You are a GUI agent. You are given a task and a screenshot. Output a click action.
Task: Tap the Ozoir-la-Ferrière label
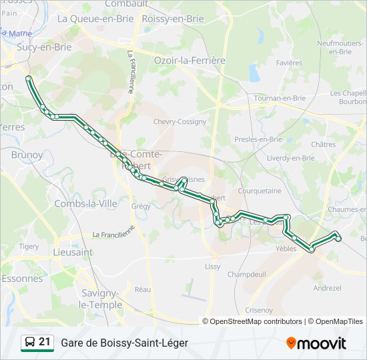pyautogui.click(x=190, y=60)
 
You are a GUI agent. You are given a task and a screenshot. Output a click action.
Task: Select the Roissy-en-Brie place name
pyautogui.click(x=173, y=19)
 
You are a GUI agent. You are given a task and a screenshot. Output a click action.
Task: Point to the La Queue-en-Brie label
pyautogui.click(x=95, y=19)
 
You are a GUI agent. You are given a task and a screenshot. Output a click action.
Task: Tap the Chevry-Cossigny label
pyautogui.click(x=179, y=122)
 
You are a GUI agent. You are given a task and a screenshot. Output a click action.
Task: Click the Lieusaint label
pyautogui.click(x=73, y=253)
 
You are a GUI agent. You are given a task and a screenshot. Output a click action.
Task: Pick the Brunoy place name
pyautogui.click(x=27, y=155)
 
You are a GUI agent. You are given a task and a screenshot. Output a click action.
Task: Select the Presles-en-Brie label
pyautogui.click(x=258, y=139)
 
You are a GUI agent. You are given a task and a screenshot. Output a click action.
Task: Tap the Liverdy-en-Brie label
pyautogui.click(x=290, y=158)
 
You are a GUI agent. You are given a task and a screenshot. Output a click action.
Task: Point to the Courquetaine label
pyautogui.click(x=260, y=191)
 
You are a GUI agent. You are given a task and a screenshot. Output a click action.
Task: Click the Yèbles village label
pyautogui.click(x=286, y=249)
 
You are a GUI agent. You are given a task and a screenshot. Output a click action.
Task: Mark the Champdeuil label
pyautogui.click(x=246, y=274)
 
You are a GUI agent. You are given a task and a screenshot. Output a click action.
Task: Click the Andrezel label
pyautogui.click(x=327, y=288)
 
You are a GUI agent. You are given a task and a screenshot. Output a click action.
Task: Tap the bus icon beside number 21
pyautogui.click(x=30, y=343)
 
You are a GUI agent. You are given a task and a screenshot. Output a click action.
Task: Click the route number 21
pyautogui.click(x=45, y=342)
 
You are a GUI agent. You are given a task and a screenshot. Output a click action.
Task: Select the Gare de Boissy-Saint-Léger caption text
pyautogui.click(x=124, y=343)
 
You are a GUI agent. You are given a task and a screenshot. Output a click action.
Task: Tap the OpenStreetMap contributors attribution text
pyautogui.click(x=256, y=321)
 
